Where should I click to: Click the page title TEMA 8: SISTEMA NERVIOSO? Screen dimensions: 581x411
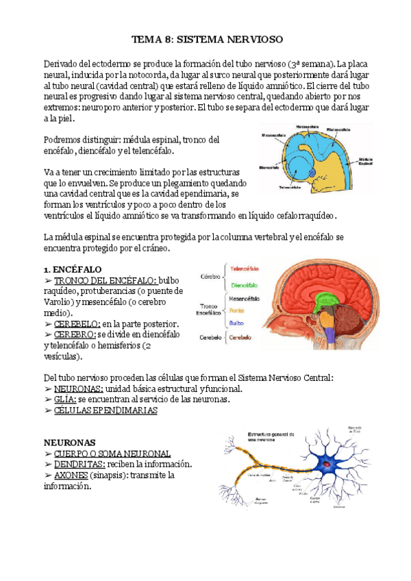pyautogui.click(x=206, y=40)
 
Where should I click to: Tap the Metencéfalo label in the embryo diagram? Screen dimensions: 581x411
pyautogui.click(x=307, y=127)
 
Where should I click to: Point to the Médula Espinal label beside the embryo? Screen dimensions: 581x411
pyautogui.click(x=364, y=162)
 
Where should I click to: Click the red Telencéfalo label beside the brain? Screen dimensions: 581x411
pyautogui.click(x=244, y=269)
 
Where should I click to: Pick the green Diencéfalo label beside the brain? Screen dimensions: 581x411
pyautogui.click(x=244, y=285)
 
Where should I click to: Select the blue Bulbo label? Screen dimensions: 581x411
pyautogui.click(x=236, y=322)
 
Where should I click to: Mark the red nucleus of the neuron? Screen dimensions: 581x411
pyautogui.click(x=327, y=465)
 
